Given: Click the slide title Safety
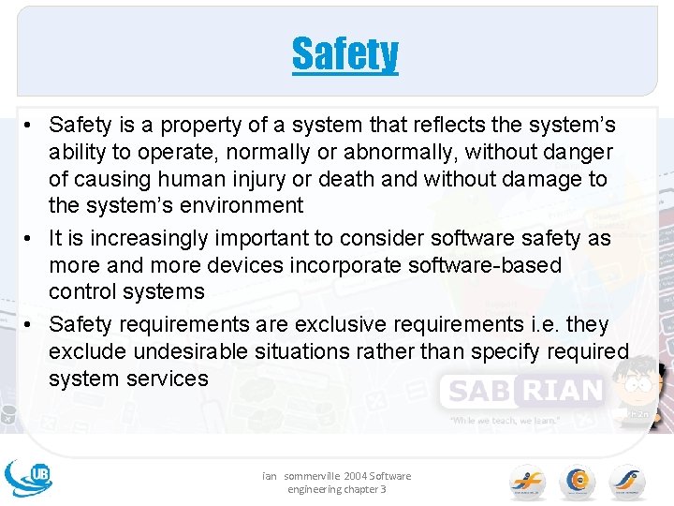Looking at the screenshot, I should click(x=344, y=54).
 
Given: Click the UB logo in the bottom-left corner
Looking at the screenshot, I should click(x=29, y=476).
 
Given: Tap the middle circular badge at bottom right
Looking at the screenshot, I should click(x=577, y=482).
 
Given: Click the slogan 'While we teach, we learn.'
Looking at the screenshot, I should click(x=505, y=421).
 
